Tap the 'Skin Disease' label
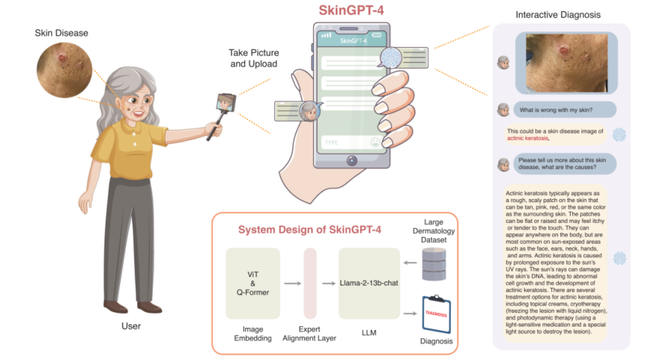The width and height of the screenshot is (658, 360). pos(61,33)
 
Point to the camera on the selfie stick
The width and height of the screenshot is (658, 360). pos(227,102)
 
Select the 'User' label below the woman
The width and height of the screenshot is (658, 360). pos(130,326)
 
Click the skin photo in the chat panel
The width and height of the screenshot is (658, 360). pos(572,62)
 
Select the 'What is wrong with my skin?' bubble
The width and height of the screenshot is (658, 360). pos(555,110)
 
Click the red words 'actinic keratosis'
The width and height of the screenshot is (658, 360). pos(528,139)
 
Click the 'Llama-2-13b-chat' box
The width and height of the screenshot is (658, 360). pos(370,282)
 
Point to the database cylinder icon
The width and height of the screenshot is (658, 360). pos(437,265)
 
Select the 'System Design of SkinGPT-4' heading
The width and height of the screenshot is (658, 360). pos(309,230)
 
